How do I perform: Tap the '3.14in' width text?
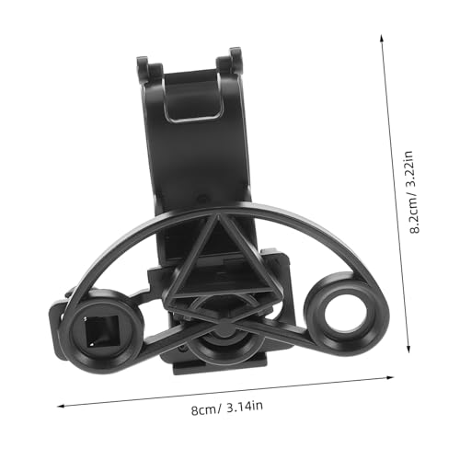[x=245, y=406]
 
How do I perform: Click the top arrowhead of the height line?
[x=382, y=38]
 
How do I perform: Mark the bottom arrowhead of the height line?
[x=408, y=350]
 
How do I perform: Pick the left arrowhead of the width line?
[x=62, y=407]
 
